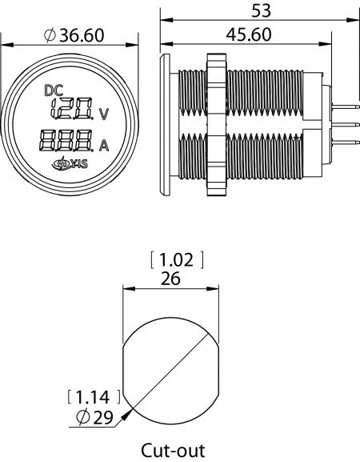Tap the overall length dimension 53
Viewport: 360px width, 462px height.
261,11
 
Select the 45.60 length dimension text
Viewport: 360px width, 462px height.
249,34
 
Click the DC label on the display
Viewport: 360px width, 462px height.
54,90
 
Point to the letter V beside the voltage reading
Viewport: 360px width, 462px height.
104,114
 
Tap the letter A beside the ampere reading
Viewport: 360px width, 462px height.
104,145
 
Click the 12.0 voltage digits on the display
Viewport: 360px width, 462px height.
73,108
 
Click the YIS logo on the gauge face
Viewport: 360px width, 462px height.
70,163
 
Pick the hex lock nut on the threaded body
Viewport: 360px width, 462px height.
217,124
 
